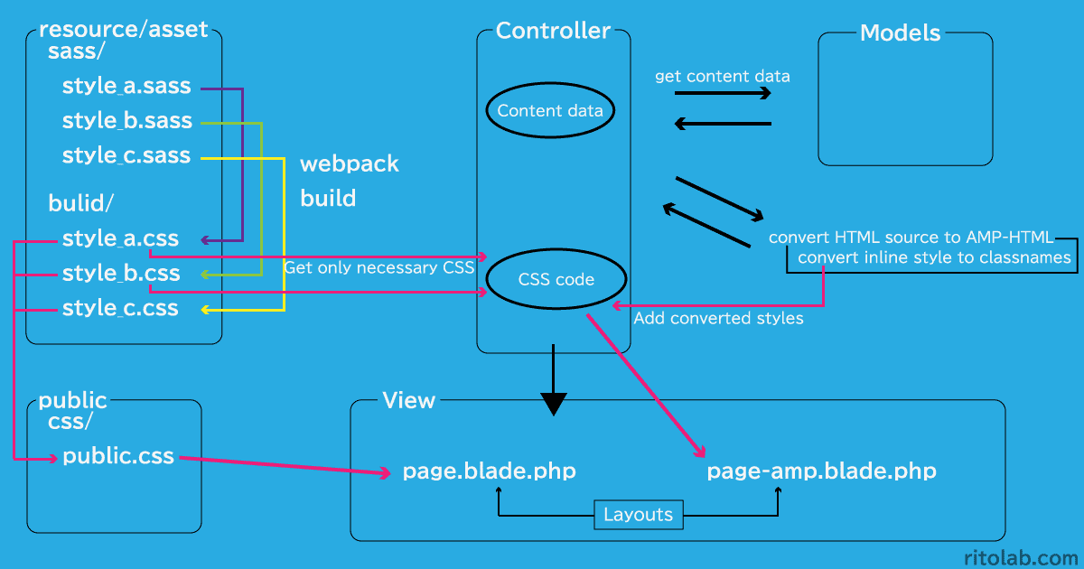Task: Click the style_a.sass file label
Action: (126, 87)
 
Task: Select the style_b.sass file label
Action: (126, 121)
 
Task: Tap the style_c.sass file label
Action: (126, 155)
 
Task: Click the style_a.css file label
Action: (120, 239)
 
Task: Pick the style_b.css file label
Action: (121, 274)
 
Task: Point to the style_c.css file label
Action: (120, 309)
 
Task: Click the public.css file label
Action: (118, 456)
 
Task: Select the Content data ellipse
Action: (551, 111)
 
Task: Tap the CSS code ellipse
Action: (556, 280)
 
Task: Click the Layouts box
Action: (639, 515)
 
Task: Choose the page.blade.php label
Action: (489, 471)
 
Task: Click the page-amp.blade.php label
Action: (821, 471)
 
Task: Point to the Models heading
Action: (900, 34)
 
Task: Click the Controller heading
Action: (553, 31)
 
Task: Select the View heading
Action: (408, 400)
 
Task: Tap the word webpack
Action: (349, 164)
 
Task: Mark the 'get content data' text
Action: (722, 77)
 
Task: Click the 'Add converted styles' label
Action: (718, 319)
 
